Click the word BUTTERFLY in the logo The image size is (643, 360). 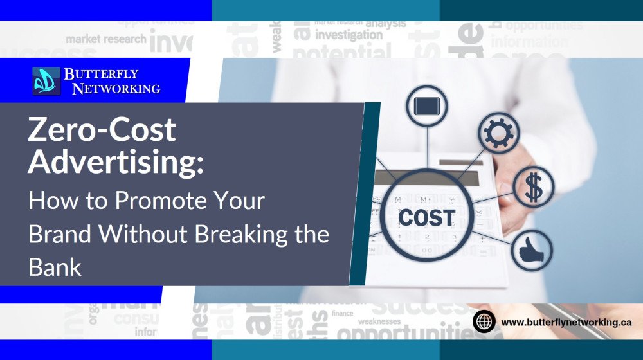pos(101,74)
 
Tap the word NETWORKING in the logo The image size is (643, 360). pos(116,89)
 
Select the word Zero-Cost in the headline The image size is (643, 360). pos(102,131)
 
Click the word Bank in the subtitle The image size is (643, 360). pos(55,266)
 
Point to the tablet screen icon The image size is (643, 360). pos(426,105)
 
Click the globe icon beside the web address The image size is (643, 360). pos(484,321)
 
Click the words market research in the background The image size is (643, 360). pos(106,39)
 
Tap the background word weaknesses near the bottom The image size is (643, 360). pos(379,321)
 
